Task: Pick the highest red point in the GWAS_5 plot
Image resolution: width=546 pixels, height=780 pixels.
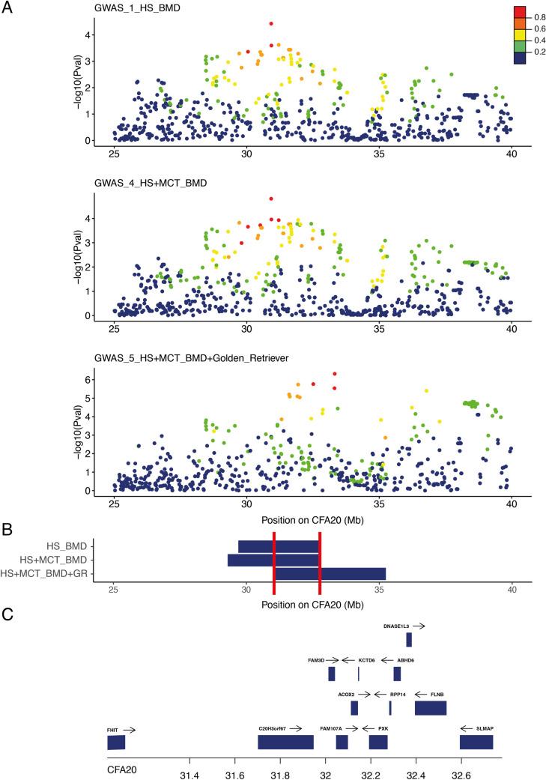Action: coord(335,374)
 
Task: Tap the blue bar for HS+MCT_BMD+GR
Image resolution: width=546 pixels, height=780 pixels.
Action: coord(330,573)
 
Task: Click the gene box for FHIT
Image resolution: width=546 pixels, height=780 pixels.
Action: coord(116,743)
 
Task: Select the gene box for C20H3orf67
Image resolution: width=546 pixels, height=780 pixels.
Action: coord(285,742)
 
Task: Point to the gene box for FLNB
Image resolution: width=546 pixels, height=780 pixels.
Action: coord(430,708)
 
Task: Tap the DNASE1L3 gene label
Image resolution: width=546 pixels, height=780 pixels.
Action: coord(396,625)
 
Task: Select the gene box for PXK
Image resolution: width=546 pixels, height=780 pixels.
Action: coord(377,742)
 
